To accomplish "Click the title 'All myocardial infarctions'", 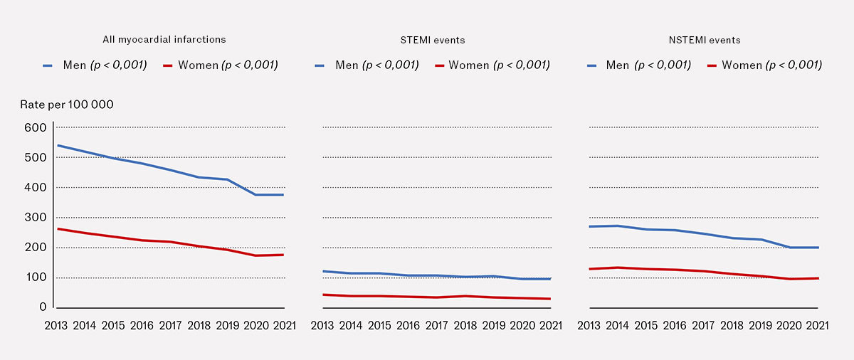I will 164,40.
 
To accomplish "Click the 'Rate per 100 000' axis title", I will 68,105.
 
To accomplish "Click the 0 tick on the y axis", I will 42,307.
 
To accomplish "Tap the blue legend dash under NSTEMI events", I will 592,65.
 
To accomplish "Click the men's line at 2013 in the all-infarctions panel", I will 58,145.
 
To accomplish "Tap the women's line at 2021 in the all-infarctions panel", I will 283,255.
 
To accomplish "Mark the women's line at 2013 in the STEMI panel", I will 324,295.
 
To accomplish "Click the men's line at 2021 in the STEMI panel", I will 550,279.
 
